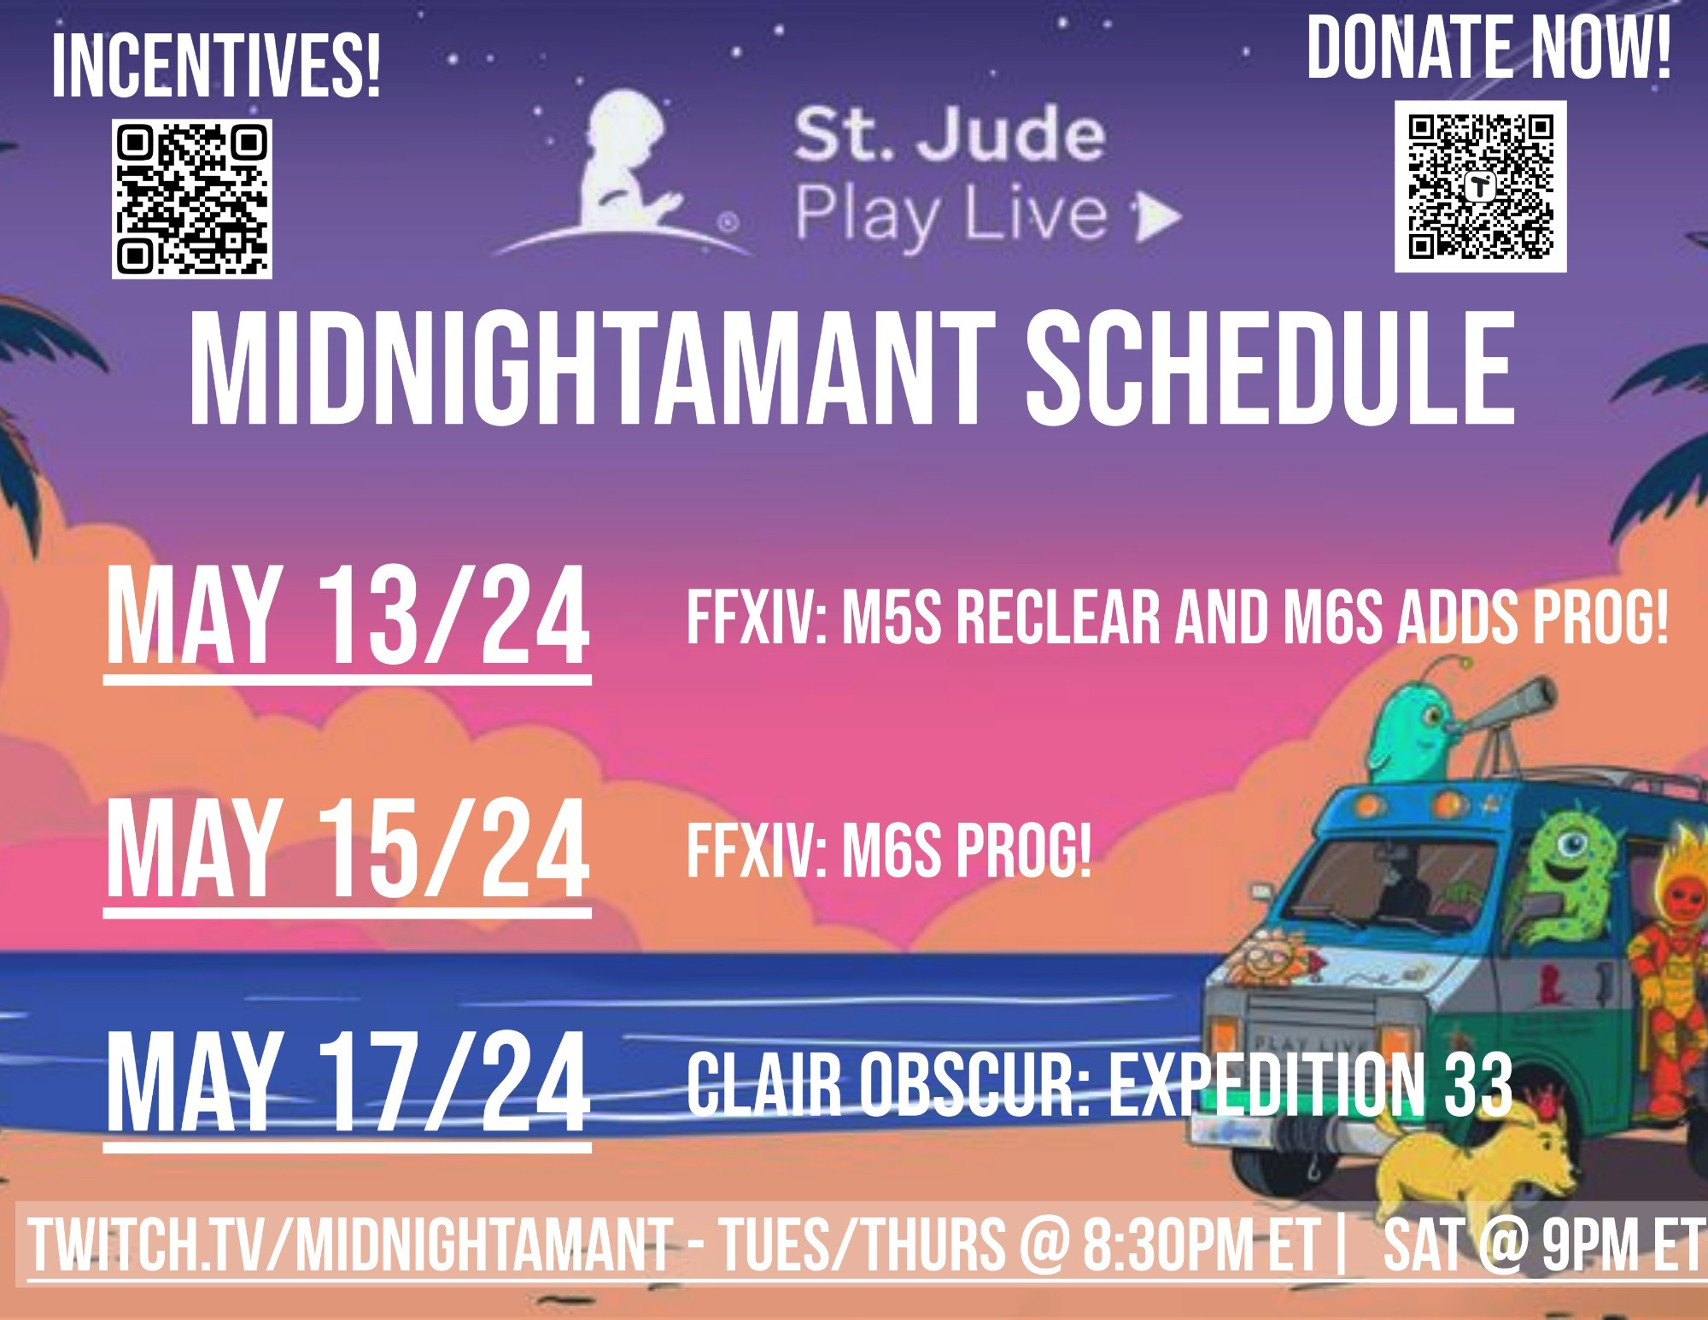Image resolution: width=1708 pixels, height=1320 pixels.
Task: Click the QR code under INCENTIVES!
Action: click(192, 199)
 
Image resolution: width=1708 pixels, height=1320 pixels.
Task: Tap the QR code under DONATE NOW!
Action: click(1481, 186)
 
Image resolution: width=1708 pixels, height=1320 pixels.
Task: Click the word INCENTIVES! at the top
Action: click(216, 67)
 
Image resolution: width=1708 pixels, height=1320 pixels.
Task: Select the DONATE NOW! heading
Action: click(1489, 48)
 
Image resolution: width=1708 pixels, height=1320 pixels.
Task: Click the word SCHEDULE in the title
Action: click(1271, 368)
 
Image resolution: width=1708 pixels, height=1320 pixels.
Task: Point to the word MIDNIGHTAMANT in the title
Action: click(592, 368)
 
